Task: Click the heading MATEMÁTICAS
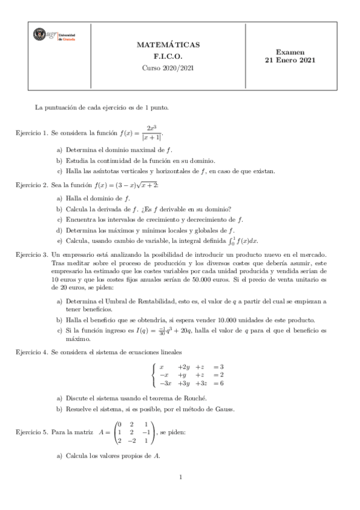coord(168,45)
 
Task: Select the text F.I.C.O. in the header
coord(168,56)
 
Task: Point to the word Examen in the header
coord(290,52)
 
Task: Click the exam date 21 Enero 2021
coord(290,60)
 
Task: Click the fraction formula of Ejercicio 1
coord(148,132)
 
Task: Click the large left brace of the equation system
coord(155,375)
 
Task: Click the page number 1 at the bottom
coord(180,494)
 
